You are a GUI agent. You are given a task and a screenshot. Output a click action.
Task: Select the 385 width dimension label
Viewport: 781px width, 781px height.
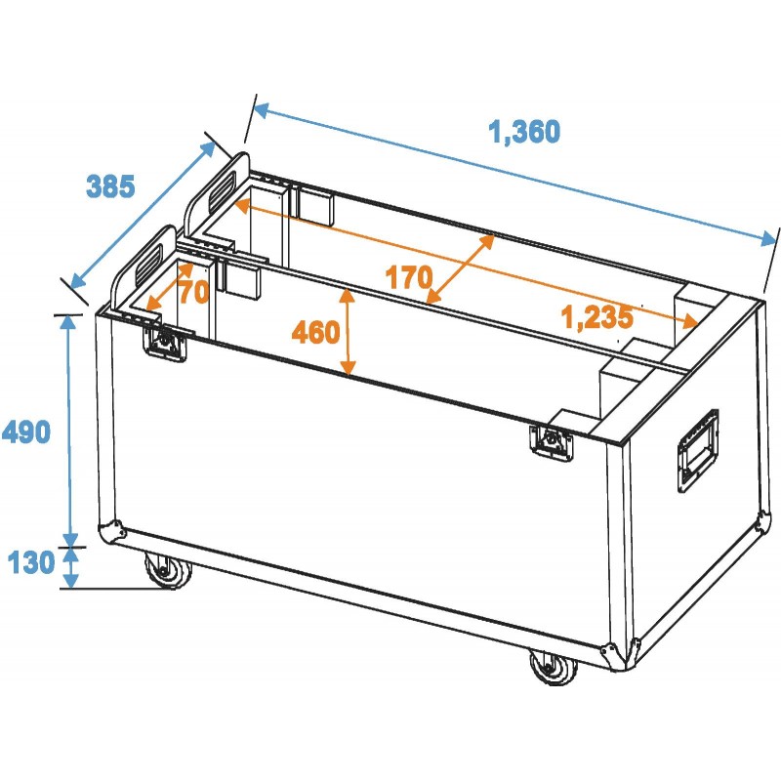(110, 185)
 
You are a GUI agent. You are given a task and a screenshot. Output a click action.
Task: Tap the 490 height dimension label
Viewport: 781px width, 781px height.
(26, 430)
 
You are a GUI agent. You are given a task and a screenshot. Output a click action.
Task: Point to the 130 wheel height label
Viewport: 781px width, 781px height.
(30, 562)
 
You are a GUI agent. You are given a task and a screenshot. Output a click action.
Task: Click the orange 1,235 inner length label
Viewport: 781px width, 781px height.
(597, 315)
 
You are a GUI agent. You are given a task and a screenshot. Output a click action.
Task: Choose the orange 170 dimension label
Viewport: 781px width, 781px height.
(408, 278)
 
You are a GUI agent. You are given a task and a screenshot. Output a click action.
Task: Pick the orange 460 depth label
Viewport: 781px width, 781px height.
(315, 334)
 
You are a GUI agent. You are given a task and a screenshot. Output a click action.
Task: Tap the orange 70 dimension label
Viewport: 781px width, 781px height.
(193, 291)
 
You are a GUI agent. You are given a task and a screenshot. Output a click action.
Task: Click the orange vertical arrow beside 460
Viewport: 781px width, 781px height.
(347, 332)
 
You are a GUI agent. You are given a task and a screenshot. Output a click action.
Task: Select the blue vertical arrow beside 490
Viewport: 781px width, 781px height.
(69, 430)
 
